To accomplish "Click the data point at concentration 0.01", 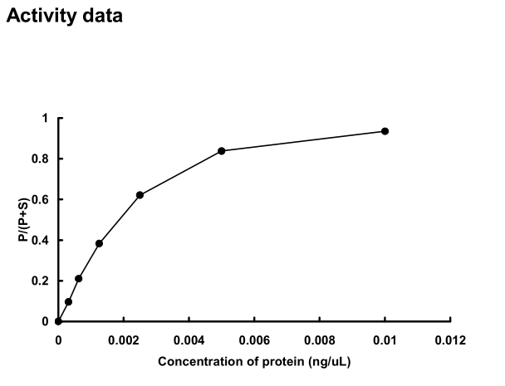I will pos(385,131).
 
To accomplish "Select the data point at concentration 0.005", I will pos(222,150).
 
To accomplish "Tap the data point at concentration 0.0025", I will pos(140,195).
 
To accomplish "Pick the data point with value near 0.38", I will pos(99,243).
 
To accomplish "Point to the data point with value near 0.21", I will pos(78,279).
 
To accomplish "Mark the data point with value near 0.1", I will pos(68,301).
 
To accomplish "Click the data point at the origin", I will pos(58,321).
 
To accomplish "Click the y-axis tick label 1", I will pos(46,118).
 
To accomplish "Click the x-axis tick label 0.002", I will pos(124,340).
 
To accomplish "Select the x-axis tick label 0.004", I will pos(189,340).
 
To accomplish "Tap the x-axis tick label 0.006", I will pos(254,340).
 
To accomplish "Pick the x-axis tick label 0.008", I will pos(320,340).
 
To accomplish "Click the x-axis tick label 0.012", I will pos(450,340).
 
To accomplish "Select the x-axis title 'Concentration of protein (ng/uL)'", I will pos(252,361).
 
